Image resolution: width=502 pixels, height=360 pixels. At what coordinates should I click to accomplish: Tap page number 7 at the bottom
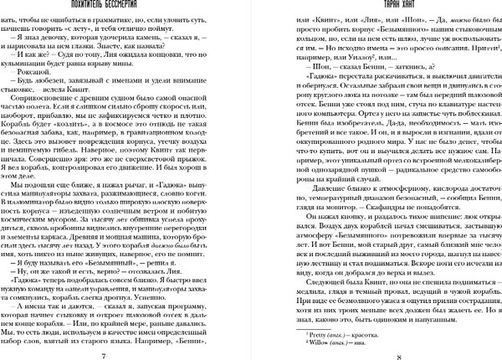(x=125, y=352)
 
